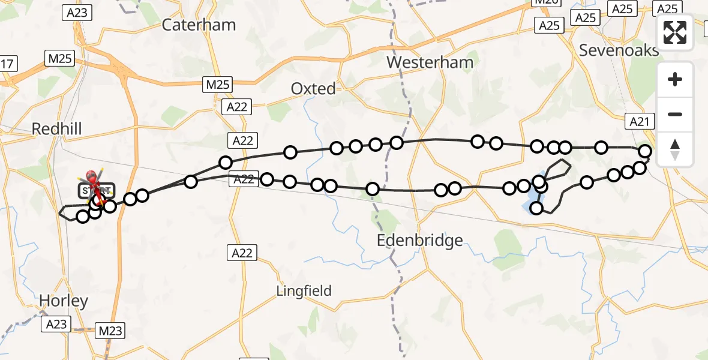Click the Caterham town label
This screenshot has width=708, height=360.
tap(199, 25)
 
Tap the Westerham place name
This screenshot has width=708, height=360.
tap(430, 62)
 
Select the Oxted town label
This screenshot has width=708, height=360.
tap(313, 89)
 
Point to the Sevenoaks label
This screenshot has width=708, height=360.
tap(619, 50)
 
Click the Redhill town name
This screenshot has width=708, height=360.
tap(56, 128)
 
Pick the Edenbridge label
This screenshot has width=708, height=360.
tap(420, 241)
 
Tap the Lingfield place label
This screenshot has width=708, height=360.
tap(304, 291)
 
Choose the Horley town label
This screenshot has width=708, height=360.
tap(64, 301)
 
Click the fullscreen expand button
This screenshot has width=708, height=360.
tap(675, 32)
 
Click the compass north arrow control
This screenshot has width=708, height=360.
tap(675, 149)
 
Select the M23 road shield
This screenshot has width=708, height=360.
tap(110, 331)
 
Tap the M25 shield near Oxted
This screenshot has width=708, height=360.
tap(217, 85)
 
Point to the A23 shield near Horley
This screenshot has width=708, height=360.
tap(57, 325)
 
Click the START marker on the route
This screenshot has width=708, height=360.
tap(96, 191)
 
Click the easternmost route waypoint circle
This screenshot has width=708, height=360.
tap(645, 151)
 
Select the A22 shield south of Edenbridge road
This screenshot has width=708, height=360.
tap(242, 253)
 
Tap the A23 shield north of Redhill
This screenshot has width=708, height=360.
tap(77, 13)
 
